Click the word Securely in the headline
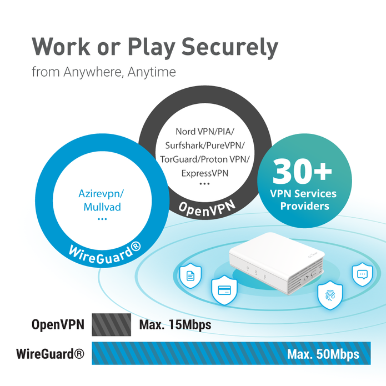tap(230, 48)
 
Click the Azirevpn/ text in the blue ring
tap(101, 194)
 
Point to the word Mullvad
tap(102, 207)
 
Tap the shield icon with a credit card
tap(224, 290)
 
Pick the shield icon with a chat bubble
tap(362, 274)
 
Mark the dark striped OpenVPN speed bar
tap(111, 324)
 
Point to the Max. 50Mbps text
tap(323, 354)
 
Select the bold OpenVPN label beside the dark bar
tap(58, 324)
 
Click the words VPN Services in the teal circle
tap(303, 194)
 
